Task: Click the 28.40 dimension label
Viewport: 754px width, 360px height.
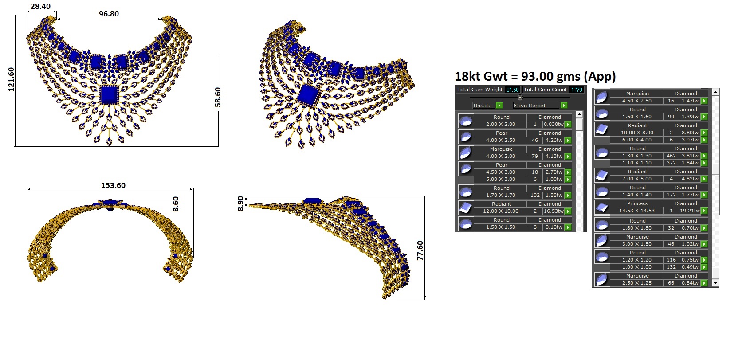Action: tap(40, 6)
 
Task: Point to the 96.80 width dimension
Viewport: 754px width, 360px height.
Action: tap(109, 14)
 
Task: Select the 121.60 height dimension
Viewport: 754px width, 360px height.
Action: tap(11, 79)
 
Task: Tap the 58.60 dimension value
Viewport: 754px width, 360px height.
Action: tap(218, 97)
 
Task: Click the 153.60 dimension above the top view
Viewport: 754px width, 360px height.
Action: tap(114, 185)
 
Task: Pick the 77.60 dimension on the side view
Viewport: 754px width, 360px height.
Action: tap(420, 250)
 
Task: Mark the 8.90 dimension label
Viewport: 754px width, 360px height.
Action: tap(240, 203)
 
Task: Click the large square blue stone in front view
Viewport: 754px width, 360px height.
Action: tap(110, 95)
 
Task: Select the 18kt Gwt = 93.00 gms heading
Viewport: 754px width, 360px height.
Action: tap(535, 77)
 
